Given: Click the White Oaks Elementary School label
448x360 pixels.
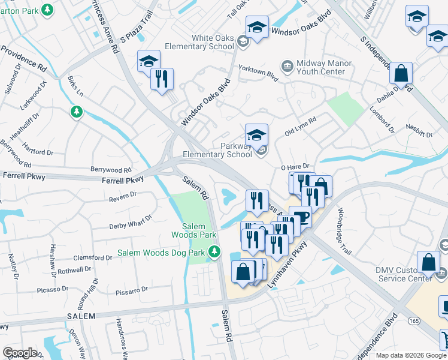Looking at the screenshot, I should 204,42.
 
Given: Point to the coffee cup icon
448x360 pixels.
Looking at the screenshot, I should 300,216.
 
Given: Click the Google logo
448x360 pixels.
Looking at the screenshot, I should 20,353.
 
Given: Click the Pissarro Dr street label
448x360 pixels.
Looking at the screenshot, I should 131,292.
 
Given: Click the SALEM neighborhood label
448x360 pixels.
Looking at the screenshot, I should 81,316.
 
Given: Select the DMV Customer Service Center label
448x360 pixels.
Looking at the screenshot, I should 403,274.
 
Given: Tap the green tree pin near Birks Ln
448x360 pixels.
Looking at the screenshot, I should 77,112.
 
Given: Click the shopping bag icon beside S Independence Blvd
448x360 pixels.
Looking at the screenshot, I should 401,73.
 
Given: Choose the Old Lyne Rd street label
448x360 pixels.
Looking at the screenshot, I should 300,126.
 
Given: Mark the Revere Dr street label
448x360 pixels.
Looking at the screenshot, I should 123,196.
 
